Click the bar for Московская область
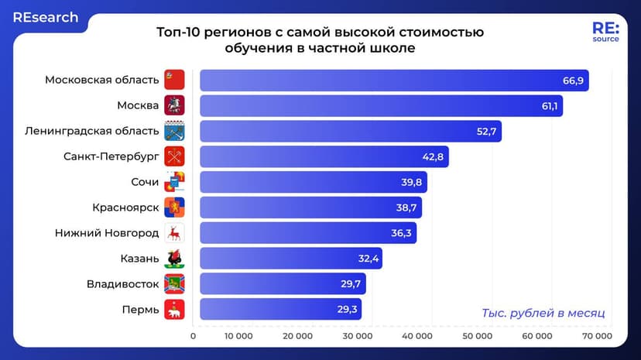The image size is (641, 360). (394, 81)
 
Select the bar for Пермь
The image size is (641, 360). (280, 309)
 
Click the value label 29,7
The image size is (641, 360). (351, 283)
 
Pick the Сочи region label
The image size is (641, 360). (145, 182)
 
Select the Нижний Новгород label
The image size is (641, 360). (107, 233)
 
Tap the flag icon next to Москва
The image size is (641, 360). (174, 105)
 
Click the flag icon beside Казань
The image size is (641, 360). (174, 258)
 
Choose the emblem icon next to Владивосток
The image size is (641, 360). (174, 283)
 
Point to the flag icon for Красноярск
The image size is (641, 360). (174, 207)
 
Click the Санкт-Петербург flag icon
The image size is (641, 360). (174, 156)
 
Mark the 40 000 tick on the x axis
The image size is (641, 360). (418, 336)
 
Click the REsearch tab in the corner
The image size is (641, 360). (45, 17)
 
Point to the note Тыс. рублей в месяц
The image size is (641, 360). (543, 313)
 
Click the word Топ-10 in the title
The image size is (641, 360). (177, 33)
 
